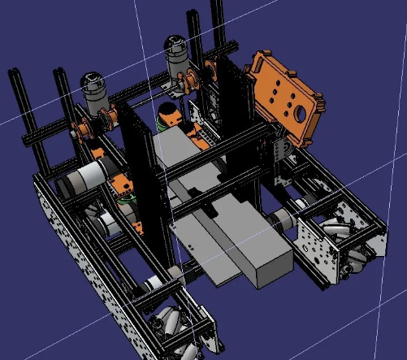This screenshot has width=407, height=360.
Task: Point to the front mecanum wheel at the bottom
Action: (x=175, y=325)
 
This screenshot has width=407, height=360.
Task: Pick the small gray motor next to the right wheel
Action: (x=285, y=218)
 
